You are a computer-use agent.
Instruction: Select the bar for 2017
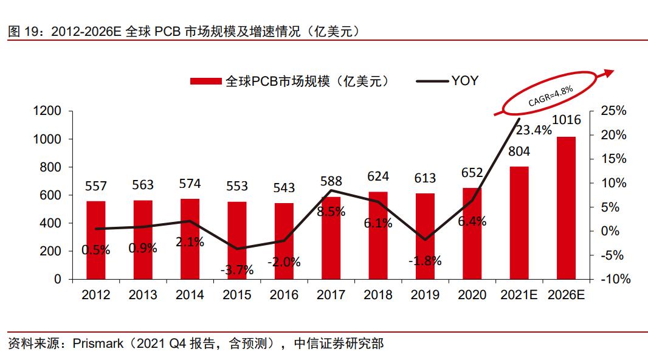pos(331,238)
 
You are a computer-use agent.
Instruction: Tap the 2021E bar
pos(519,223)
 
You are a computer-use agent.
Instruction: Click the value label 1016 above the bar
pos(566,120)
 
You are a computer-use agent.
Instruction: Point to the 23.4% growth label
pos(534,130)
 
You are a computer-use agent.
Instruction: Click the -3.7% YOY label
pos(236,270)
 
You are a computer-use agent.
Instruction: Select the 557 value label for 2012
pos(96,187)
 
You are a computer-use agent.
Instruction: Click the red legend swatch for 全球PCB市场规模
pos(207,81)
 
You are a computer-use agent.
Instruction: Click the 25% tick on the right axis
pos(613,111)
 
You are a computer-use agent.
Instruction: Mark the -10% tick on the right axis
pos(615,279)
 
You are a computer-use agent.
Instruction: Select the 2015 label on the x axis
pos(236,295)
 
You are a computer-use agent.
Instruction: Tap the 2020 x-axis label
pos(472,295)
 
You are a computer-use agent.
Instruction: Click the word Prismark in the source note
pos(100,344)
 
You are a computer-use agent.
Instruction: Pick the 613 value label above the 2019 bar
pos(425,178)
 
